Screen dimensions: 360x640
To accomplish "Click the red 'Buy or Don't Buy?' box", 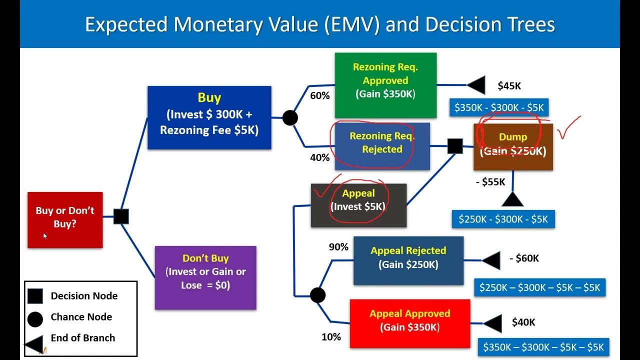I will (x=65, y=219).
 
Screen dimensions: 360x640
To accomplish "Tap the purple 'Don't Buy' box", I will (x=205, y=277).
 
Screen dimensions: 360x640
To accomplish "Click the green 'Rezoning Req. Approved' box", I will (x=385, y=85).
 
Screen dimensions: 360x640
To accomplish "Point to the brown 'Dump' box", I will (x=513, y=146).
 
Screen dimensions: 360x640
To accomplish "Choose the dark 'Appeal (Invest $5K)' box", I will (x=358, y=205).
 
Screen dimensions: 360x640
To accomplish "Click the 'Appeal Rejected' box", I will (x=408, y=260).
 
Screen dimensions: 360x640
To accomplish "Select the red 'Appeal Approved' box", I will (x=409, y=323).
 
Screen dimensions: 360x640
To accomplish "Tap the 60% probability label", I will (x=320, y=95).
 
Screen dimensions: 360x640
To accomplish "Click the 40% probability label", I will (x=320, y=157).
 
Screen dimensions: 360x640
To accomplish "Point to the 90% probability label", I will (x=338, y=247).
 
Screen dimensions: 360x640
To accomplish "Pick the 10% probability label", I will (x=331, y=337).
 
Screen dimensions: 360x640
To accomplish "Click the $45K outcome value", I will (x=509, y=86).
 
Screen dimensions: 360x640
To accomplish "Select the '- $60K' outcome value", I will (x=524, y=258).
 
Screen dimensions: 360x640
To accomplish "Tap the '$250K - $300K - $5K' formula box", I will (x=503, y=219).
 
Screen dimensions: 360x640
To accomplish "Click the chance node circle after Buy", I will (x=290, y=118).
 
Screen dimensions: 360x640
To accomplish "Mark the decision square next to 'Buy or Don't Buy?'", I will (x=121, y=216).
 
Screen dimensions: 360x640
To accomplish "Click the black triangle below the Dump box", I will (x=512, y=200).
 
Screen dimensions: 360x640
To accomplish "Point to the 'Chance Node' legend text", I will (x=81, y=317).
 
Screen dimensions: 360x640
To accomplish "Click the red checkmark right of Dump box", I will (x=569, y=129).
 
